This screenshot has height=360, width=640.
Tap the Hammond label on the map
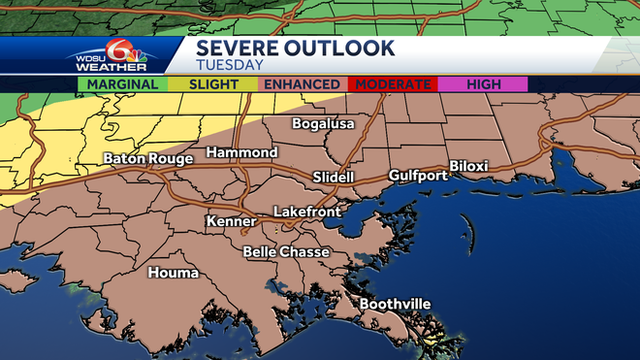(x=241, y=153)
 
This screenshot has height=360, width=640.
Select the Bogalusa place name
(x=324, y=124)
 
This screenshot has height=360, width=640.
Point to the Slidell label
(x=334, y=178)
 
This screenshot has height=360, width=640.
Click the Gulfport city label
(x=417, y=176)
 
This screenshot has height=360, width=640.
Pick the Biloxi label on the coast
(x=468, y=167)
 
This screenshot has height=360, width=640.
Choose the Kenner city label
(x=231, y=222)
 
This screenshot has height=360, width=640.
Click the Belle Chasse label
(x=286, y=252)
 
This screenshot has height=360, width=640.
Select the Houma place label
(x=173, y=273)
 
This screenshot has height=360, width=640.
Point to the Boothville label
(x=395, y=304)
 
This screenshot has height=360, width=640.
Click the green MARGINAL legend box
(x=123, y=84)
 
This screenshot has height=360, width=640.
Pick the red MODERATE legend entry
(x=393, y=84)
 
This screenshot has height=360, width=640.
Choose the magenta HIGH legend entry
(x=483, y=84)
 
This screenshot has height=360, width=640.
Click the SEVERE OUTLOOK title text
(x=295, y=48)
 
